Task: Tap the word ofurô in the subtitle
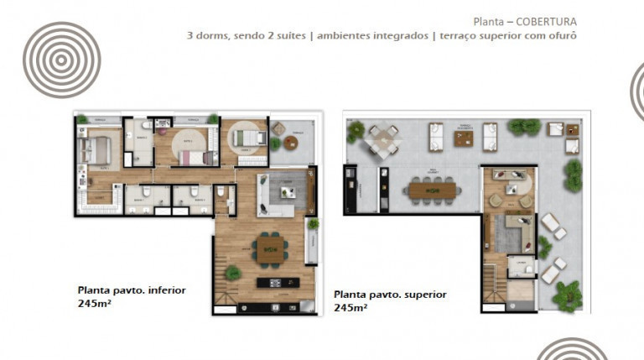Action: [x=562, y=36]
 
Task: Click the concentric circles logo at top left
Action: [x=61, y=60]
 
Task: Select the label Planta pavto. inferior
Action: [x=132, y=290]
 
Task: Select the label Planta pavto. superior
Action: [x=390, y=295]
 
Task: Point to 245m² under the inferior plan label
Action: [x=95, y=303]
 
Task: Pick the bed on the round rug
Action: [x=248, y=138]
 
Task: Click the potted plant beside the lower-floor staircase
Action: [x=233, y=273]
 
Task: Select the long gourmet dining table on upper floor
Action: [x=432, y=190]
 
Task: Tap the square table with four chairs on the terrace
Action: [x=382, y=139]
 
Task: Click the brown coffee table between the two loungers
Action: [x=464, y=138]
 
